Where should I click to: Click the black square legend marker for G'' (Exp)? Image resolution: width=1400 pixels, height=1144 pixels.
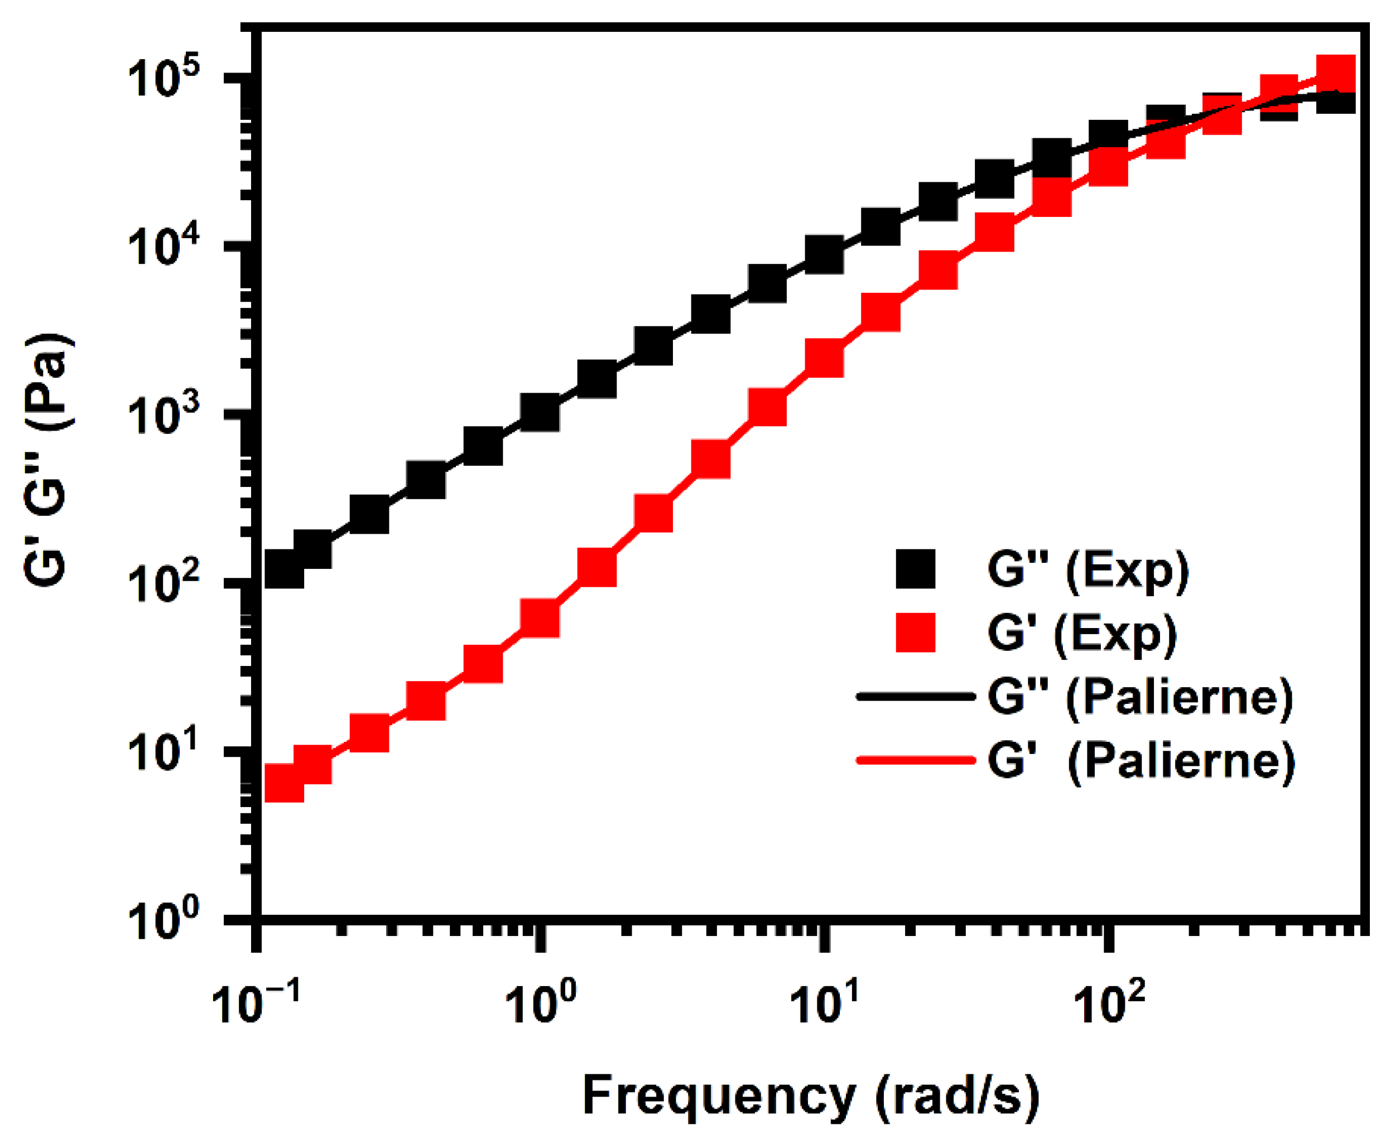click(916, 569)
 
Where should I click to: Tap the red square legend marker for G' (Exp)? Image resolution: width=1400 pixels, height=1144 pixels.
click(916, 633)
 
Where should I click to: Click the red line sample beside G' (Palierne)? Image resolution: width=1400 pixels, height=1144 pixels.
click(916, 760)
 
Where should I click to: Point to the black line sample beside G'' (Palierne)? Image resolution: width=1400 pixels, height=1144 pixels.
click(916, 696)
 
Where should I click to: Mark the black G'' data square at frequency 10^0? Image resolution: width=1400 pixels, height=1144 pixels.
click(540, 413)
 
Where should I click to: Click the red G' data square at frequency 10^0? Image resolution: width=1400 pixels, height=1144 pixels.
click(540, 619)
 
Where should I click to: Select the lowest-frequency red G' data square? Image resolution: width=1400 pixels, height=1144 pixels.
click(284, 784)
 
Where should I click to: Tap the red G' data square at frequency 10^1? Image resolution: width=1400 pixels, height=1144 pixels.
click(825, 359)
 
